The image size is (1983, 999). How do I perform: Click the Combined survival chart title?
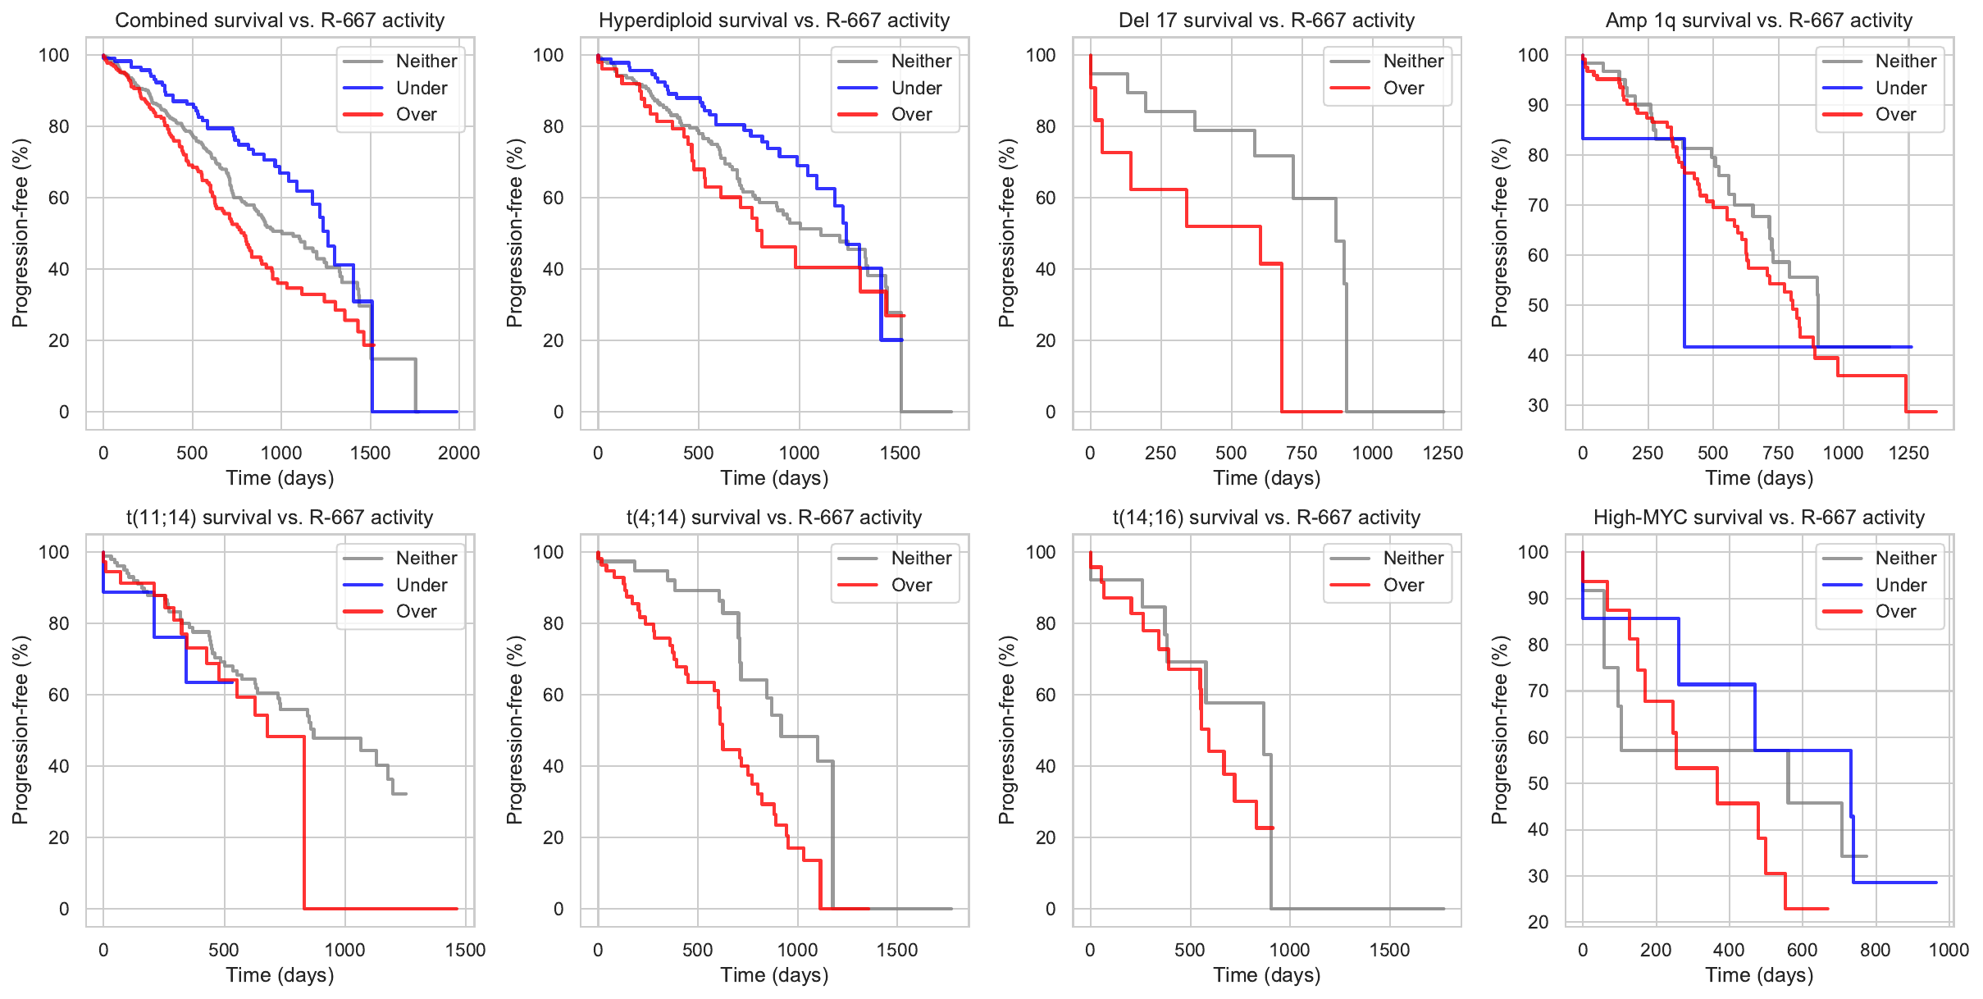[280, 21]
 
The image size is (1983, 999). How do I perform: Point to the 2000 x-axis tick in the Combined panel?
[458, 453]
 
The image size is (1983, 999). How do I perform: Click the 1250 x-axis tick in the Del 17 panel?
[1443, 453]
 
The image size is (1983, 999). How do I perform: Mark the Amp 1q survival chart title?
[1758, 21]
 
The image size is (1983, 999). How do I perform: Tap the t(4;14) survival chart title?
[774, 518]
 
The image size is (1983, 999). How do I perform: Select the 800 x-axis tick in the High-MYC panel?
[1876, 950]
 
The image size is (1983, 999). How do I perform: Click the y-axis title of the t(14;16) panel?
[1006, 730]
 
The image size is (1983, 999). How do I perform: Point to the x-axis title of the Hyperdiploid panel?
[774, 478]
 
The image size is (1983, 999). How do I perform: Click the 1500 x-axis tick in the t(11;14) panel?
[465, 950]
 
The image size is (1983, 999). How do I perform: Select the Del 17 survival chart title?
[1266, 21]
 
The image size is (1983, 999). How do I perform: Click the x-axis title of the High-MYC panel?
[1759, 975]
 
